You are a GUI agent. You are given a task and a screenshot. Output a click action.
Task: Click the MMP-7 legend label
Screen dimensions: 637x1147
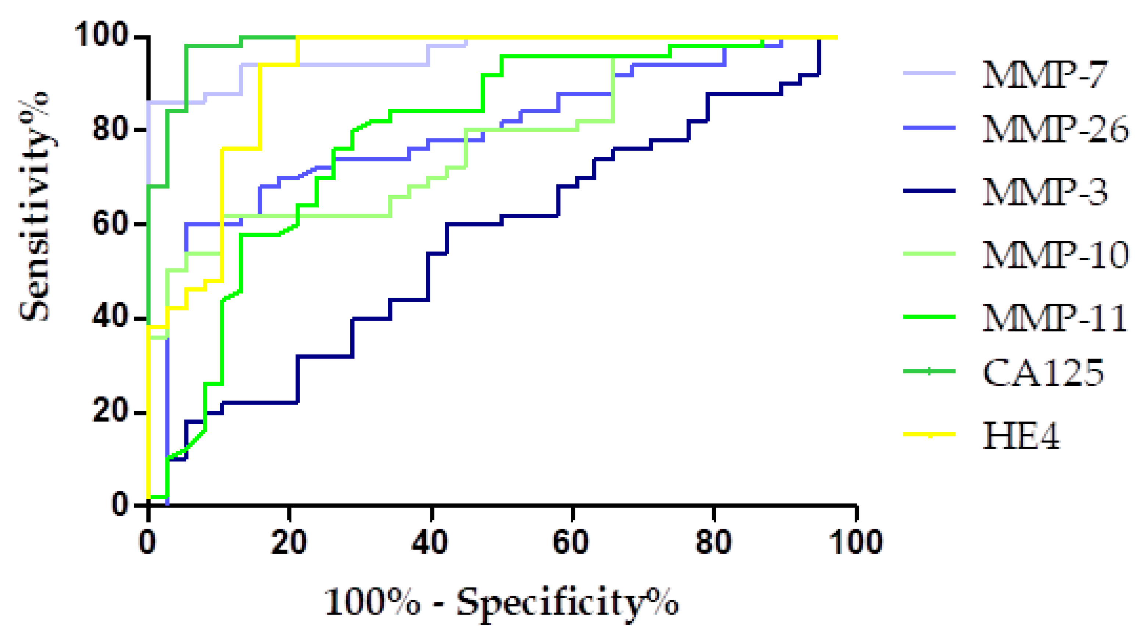point(1044,74)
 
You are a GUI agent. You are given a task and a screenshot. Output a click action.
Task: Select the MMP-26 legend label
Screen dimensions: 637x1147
point(1055,129)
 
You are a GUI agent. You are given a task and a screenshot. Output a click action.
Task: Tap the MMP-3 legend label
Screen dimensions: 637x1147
point(1044,192)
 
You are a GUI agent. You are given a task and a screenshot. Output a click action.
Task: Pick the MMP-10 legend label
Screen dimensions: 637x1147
point(1055,255)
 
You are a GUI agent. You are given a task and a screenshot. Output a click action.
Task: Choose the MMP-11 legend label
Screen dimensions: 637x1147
point(1054,318)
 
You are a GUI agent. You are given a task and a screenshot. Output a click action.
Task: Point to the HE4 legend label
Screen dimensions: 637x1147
point(1021,435)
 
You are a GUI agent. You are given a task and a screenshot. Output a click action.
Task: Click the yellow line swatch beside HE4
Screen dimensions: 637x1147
point(929,434)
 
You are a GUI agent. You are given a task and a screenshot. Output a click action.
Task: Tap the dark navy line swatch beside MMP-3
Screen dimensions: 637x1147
point(929,191)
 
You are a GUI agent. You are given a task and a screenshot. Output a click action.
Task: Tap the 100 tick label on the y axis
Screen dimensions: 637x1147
point(101,35)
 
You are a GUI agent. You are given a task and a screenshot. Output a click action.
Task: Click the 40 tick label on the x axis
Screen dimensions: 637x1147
point(430,542)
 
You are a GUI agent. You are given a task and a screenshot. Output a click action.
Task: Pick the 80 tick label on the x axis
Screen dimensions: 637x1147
point(713,542)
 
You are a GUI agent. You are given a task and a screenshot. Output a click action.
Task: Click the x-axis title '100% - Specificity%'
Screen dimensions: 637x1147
point(501,603)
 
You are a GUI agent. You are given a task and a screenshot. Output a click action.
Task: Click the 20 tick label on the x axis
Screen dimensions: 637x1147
point(289,542)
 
